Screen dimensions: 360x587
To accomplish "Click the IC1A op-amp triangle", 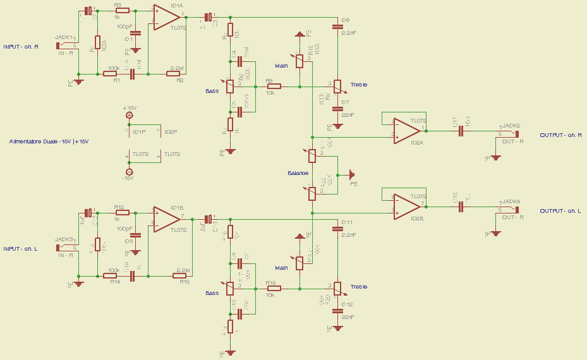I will [x=166, y=18].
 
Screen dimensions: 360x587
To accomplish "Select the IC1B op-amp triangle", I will [x=166, y=219].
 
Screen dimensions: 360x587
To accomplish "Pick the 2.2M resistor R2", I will [x=174, y=74].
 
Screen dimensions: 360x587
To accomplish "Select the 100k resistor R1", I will [x=111, y=74].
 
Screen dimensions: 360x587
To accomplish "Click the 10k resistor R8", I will [x=274, y=86].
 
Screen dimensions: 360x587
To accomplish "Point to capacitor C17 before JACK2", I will [x=461, y=131].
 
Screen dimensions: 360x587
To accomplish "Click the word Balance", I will [x=298, y=173].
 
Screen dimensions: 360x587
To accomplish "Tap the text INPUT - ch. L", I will [x=20, y=249].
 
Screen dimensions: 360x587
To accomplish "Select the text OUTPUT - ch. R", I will [x=560, y=135].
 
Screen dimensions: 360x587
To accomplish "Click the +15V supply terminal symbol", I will [x=130, y=115].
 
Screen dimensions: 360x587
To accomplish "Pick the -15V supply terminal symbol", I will [x=130, y=172].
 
